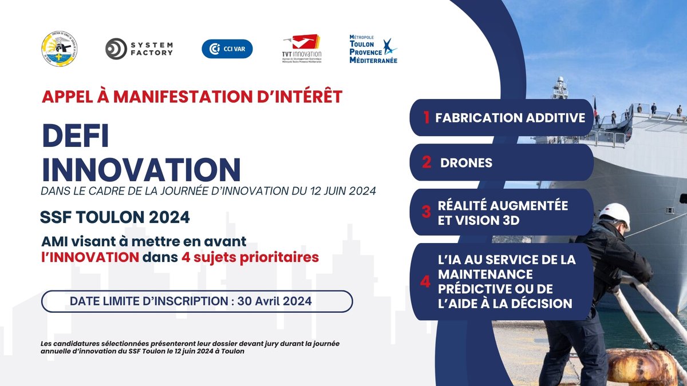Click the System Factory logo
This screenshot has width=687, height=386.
(139, 49)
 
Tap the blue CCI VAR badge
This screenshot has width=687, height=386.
(227, 49)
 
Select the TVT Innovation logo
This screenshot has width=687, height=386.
(302, 48)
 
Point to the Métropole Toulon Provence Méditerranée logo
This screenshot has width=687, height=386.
(373, 49)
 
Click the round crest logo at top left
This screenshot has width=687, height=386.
(60, 49)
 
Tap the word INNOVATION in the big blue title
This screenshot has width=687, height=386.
(141, 169)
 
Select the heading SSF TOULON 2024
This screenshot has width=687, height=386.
(115, 218)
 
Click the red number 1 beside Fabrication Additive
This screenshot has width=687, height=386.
(426, 118)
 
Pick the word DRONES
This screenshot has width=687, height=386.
(466, 162)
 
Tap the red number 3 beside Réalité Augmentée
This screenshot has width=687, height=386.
(426, 212)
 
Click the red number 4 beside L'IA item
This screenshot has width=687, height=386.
(425, 281)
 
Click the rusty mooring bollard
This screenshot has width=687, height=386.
(645, 366)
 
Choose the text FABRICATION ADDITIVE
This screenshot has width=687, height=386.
(510, 118)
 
